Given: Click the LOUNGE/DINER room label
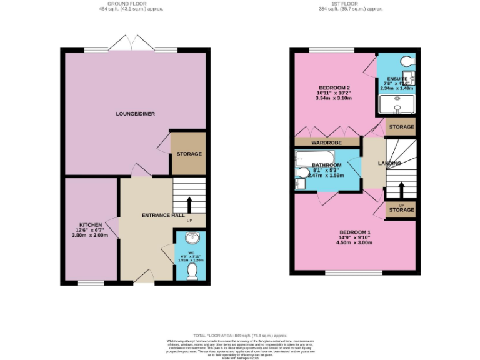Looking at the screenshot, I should [135, 114].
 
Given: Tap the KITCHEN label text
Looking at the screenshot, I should [90, 225].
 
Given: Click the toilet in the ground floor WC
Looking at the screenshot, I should [192, 269].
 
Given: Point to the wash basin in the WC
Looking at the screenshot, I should [192, 239].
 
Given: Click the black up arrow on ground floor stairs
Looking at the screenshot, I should [189, 204].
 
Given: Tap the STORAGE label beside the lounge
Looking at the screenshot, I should [189, 154].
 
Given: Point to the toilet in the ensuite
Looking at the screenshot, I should [408, 62].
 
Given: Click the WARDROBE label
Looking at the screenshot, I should [328, 142].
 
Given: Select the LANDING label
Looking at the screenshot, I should [389, 163].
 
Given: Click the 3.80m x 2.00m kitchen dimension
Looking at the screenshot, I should [90, 236].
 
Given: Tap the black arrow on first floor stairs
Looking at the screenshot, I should [401, 189].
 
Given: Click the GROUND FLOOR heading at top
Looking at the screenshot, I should [132, 4].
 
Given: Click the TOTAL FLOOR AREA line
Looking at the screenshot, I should [240, 336].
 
